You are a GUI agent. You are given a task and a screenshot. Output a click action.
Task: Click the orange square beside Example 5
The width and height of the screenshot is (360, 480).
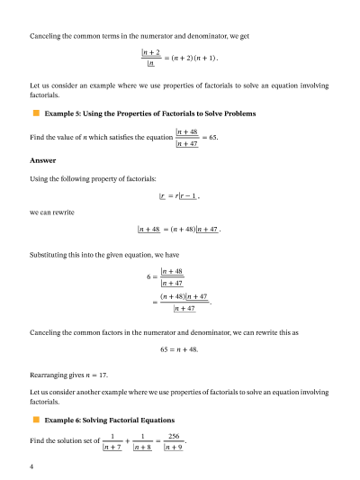point(34,114)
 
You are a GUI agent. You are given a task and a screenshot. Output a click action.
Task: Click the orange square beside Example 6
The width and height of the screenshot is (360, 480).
point(34,421)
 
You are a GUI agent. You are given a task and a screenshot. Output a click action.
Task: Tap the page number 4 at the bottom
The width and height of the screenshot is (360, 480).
point(31,467)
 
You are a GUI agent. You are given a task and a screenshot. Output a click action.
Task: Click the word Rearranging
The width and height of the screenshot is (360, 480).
point(49,370)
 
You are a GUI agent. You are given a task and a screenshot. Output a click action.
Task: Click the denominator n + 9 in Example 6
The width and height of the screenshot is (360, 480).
point(175,447)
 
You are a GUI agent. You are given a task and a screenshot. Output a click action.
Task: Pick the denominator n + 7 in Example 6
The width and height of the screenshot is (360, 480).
point(112,447)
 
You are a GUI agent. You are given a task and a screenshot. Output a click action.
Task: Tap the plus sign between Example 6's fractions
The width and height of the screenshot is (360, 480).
point(127,441)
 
